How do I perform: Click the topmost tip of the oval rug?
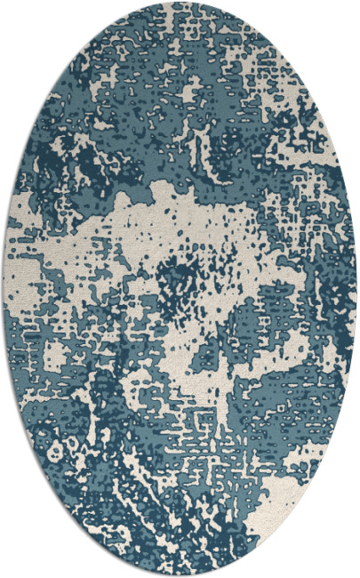click(180, 3)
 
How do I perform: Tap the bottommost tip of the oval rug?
click(180, 575)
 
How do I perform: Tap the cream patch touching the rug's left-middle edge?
click(22, 267)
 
